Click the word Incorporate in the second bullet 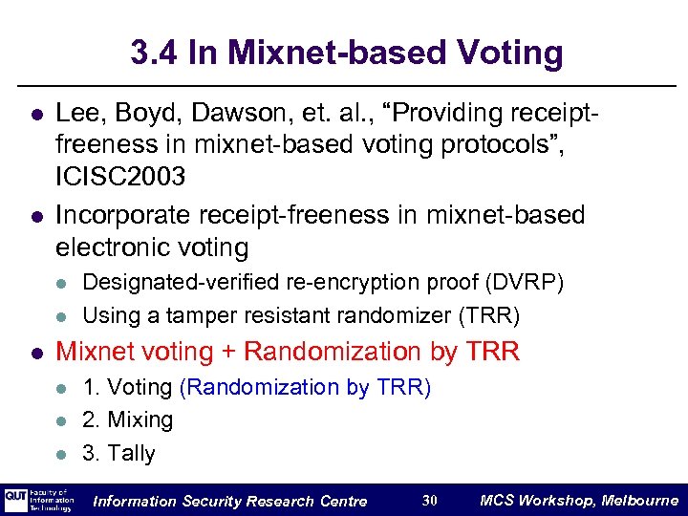click(x=113, y=215)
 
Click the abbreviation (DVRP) click(x=525, y=284)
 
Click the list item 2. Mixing click(x=128, y=420)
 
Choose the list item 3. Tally click(x=119, y=454)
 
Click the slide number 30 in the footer click(x=429, y=501)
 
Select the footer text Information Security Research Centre click(x=229, y=501)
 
